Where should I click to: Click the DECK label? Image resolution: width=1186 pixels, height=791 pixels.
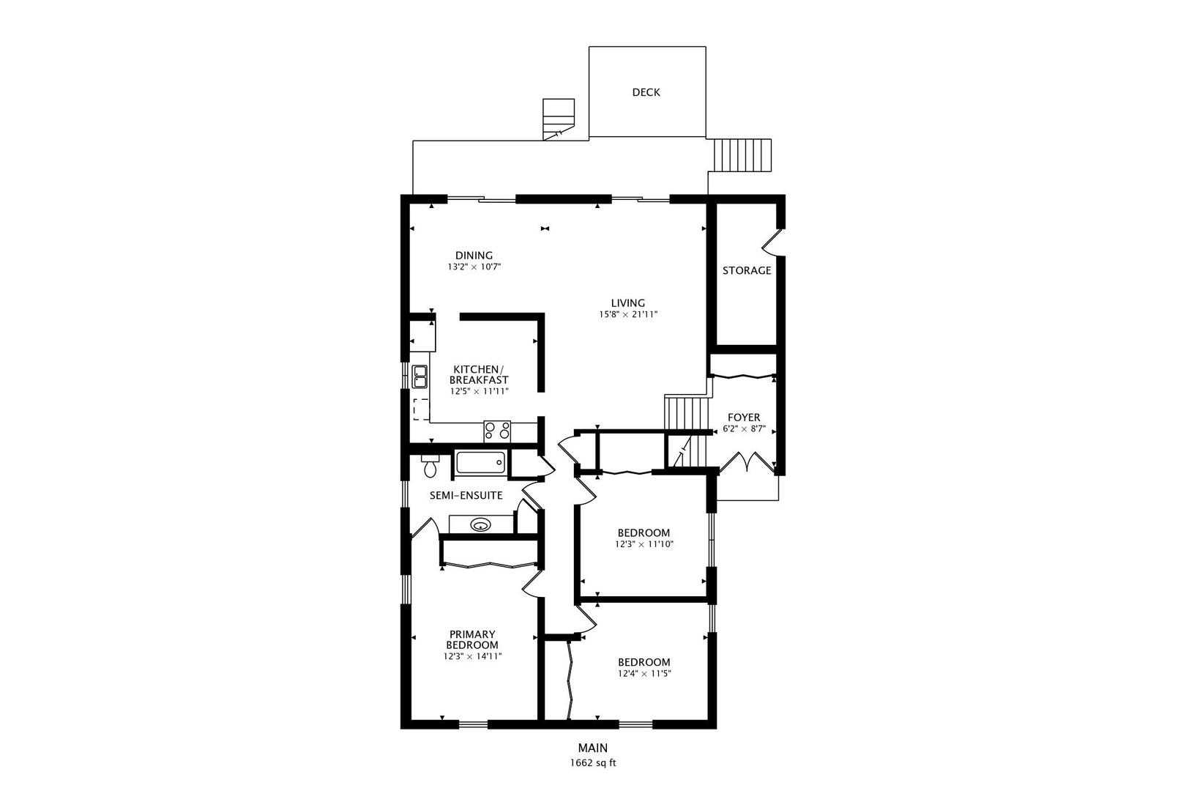pos(646,92)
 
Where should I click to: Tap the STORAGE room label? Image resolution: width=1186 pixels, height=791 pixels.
pos(747,271)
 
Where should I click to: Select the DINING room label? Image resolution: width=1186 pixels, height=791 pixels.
pos(474,256)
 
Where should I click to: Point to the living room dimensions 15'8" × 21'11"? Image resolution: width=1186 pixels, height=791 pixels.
pos(628,314)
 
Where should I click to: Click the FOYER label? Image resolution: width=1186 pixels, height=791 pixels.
pos(744,417)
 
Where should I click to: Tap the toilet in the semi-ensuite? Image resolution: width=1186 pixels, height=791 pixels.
pos(430,466)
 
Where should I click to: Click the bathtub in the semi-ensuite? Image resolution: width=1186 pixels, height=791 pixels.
pos(480,463)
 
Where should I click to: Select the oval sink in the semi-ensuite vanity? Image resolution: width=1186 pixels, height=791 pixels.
pos(481,526)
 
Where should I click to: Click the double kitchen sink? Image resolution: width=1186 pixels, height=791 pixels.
pos(420,376)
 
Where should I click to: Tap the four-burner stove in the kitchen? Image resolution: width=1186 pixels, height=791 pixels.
pos(497,431)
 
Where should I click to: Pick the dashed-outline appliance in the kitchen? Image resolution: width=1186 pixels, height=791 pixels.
pos(422,409)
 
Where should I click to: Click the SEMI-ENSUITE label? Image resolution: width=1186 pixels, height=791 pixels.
pos(466,496)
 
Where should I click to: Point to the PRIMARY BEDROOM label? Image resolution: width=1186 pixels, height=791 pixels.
pos(471,639)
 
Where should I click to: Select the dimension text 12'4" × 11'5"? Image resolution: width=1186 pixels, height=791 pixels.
pos(644,674)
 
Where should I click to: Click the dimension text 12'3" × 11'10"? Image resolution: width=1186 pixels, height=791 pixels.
pos(644,544)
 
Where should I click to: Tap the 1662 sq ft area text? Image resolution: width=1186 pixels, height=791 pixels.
pos(593,763)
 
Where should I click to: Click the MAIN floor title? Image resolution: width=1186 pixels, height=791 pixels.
pos(593,748)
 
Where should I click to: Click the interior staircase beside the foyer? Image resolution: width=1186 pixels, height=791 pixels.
pos(687,432)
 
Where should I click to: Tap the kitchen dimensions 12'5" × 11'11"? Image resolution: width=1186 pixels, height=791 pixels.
pos(480,392)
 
